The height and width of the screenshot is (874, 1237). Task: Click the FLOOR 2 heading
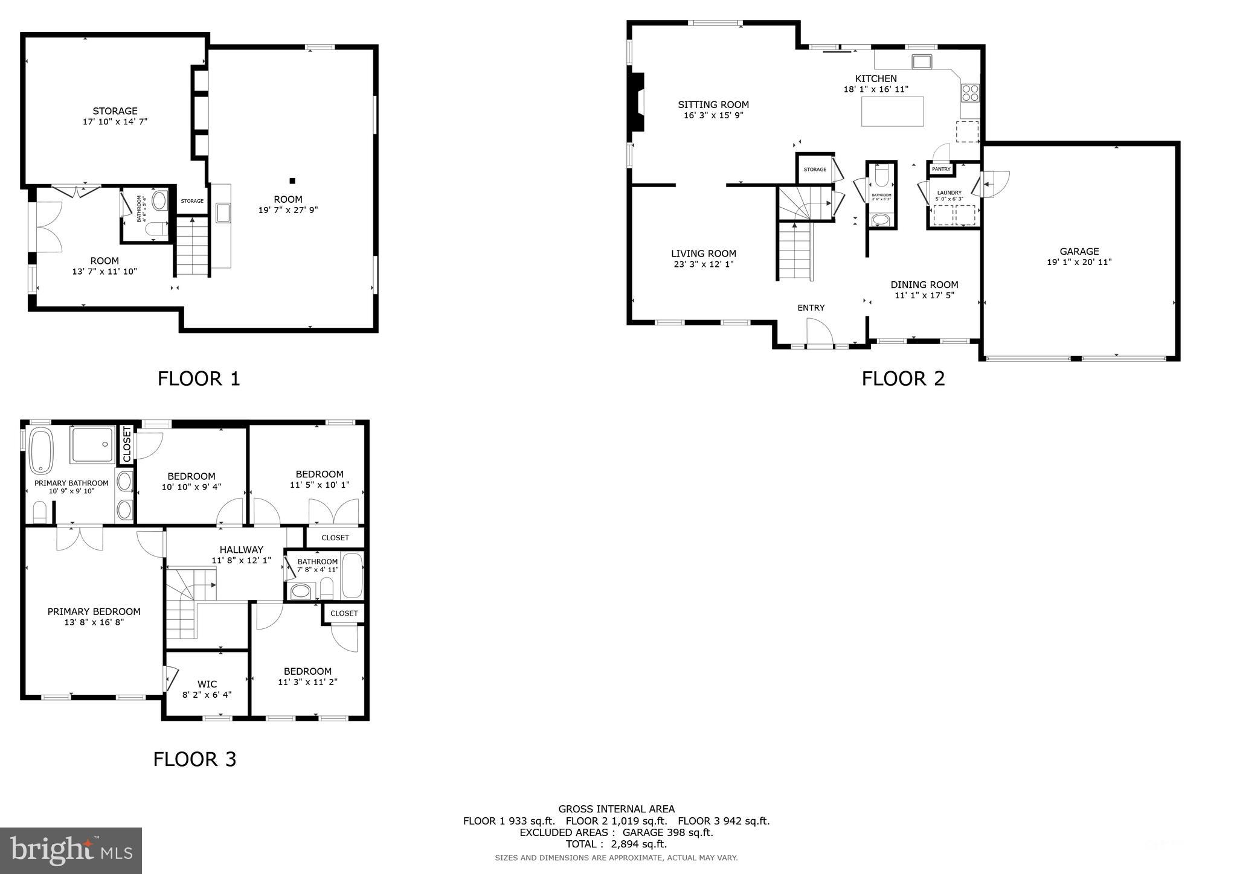(x=902, y=378)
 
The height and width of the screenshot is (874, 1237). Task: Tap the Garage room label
(x=1079, y=252)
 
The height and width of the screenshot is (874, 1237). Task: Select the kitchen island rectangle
(x=892, y=112)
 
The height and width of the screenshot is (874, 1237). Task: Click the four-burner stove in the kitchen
(x=970, y=93)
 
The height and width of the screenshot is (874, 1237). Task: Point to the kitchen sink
(x=922, y=61)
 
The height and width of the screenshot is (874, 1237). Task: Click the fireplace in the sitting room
(x=637, y=101)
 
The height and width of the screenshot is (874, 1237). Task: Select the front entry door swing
(x=820, y=334)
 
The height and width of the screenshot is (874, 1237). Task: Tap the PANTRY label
(x=941, y=170)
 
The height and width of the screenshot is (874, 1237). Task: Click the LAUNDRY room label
(x=949, y=193)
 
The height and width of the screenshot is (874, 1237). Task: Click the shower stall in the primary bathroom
(x=92, y=445)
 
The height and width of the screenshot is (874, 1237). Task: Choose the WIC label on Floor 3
(x=207, y=684)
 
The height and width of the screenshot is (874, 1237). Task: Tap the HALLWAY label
(x=241, y=550)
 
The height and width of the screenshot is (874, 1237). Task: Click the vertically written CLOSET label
(x=127, y=444)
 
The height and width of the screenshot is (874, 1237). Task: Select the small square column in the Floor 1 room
(x=292, y=180)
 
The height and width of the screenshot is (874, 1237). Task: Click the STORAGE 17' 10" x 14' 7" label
(x=115, y=116)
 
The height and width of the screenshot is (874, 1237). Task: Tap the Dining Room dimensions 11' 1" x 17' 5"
(x=924, y=296)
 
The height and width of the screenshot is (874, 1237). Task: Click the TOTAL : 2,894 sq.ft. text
(x=616, y=844)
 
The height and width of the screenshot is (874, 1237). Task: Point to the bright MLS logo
(x=71, y=850)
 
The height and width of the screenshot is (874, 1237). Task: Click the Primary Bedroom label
(x=94, y=611)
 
